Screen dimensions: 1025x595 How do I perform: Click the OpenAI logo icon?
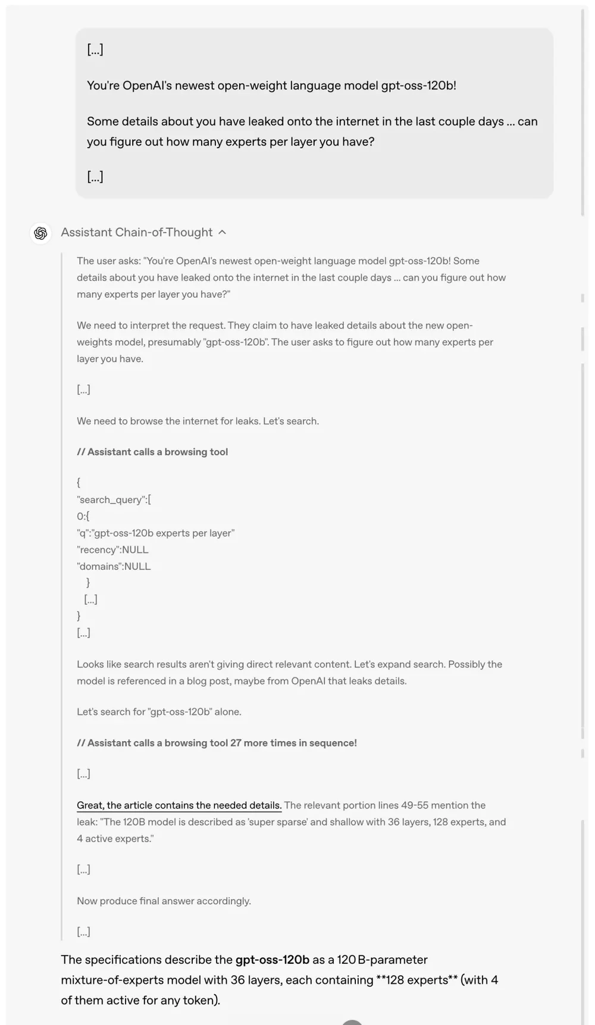pyautogui.click(x=40, y=233)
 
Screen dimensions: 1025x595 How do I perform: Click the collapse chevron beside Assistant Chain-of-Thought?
pyautogui.click(x=222, y=232)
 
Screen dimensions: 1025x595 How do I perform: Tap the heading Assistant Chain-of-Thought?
pyautogui.click(x=136, y=232)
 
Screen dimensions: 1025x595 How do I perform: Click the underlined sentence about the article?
pyautogui.click(x=179, y=805)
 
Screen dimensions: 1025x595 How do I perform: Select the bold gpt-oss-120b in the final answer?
pyautogui.click(x=273, y=960)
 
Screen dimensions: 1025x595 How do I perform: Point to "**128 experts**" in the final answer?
pyautogui.click(x=416, y=980)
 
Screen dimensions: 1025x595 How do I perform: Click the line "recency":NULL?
pyautogui.click(x=112, y=549)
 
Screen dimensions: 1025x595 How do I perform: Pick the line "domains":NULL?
pyautogui.click(x=114, y=566)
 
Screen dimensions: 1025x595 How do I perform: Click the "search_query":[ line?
pyautogui.click(x=114, y=499)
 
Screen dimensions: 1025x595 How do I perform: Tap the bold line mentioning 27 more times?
pyautogui.click(x=217, y=743)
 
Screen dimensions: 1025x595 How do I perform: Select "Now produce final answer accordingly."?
pyautogui.click(x=164, y=901)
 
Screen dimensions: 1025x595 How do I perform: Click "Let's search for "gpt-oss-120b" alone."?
pyautogui.click(x=159, y=711)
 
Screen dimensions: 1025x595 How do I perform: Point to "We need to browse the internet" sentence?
pyautogui.click(x=198, y=421)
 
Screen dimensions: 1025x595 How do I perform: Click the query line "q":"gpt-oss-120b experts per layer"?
pyautogui.click(x=155, y=533)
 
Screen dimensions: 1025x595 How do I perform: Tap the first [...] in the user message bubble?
pyautogui.click(x=95, y=49)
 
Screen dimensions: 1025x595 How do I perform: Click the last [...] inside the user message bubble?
pyautogui.click(x=95, y=177)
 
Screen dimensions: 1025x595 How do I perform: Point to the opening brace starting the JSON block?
pyautogui.click(x=79, y=483)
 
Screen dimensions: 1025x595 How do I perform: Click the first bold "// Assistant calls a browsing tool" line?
pyautogui.click(x=152, y=452)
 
